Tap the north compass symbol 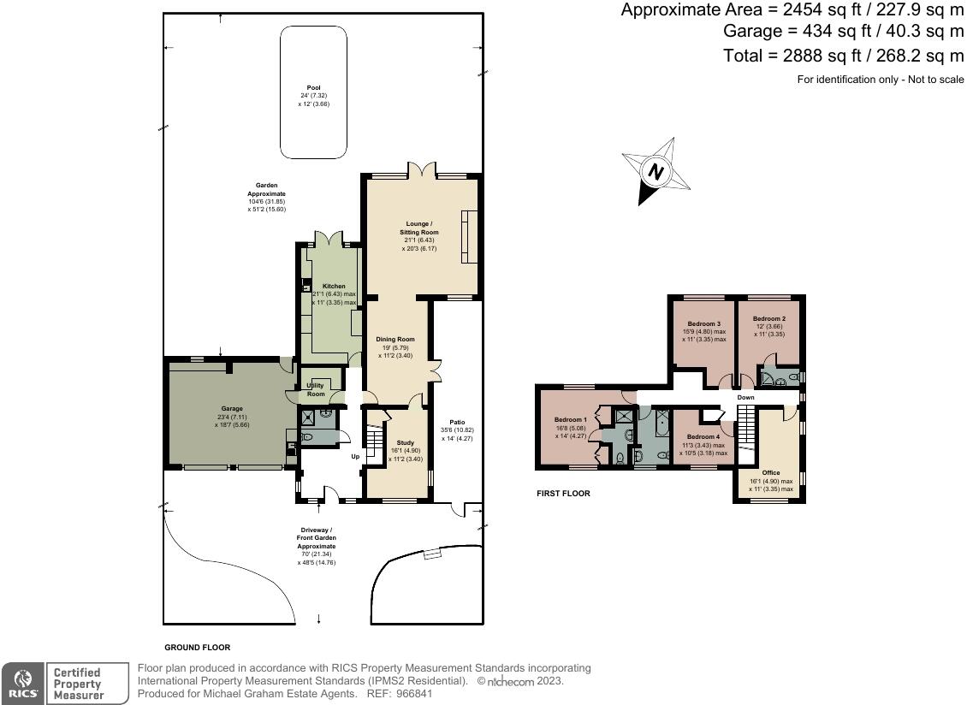656,173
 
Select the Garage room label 231,409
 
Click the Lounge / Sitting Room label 419,232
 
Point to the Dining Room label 395,340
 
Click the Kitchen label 334,286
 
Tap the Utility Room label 316,389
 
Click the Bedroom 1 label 571,419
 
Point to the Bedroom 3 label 704,324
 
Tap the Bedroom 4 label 703,437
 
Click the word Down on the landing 746,398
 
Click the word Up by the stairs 355,456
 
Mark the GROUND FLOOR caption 198,648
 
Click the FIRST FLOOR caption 563,494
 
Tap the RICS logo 22,684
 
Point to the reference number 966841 439,694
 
